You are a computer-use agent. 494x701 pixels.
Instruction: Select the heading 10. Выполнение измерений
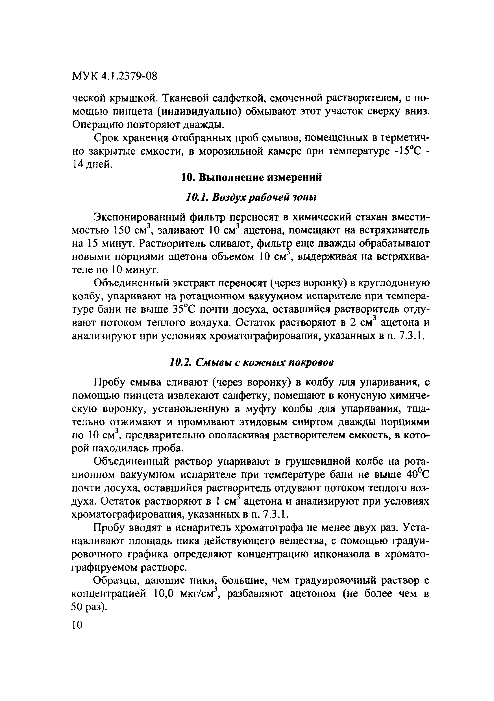(252, 178)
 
